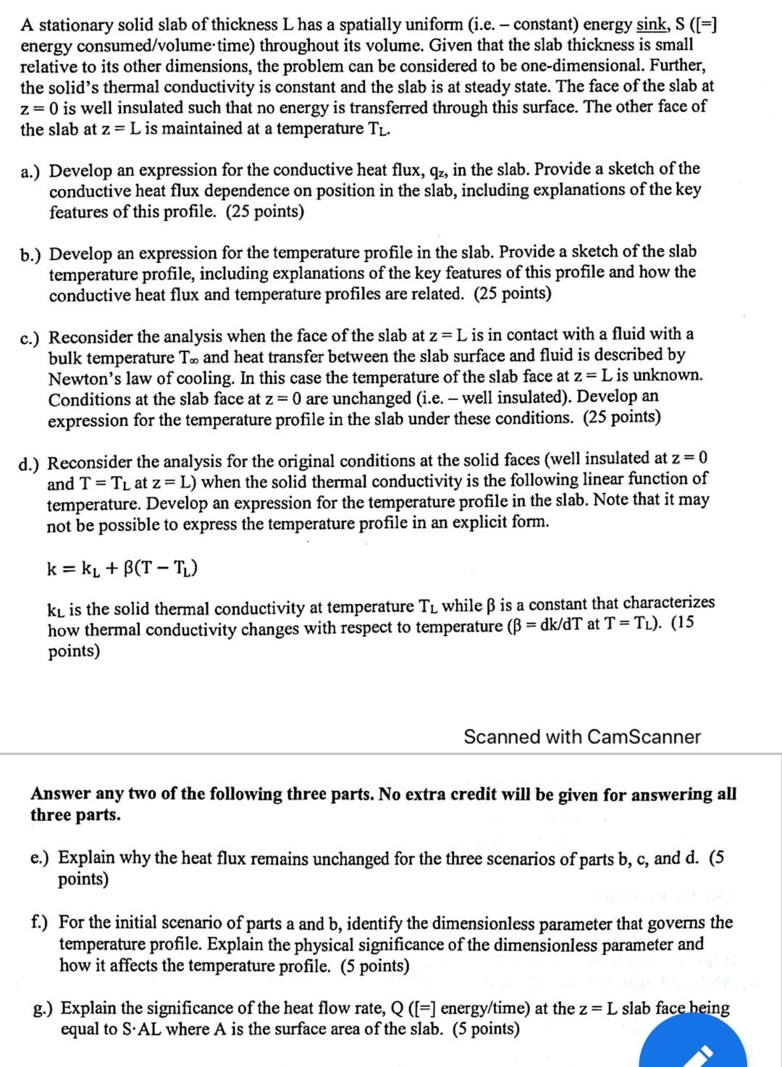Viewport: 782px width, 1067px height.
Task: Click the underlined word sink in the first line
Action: pyautogui.click(x=651, y=25)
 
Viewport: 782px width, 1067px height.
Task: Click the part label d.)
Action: pyautogui.click(x=31, y=462)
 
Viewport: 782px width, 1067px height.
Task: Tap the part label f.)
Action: pyautogui.click(x=41, y=923)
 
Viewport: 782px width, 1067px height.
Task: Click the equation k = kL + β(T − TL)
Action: pyautogui.click(x=122, y=568)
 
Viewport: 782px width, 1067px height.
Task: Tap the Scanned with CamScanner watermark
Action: pyautogui.click(x=581, y=737)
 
